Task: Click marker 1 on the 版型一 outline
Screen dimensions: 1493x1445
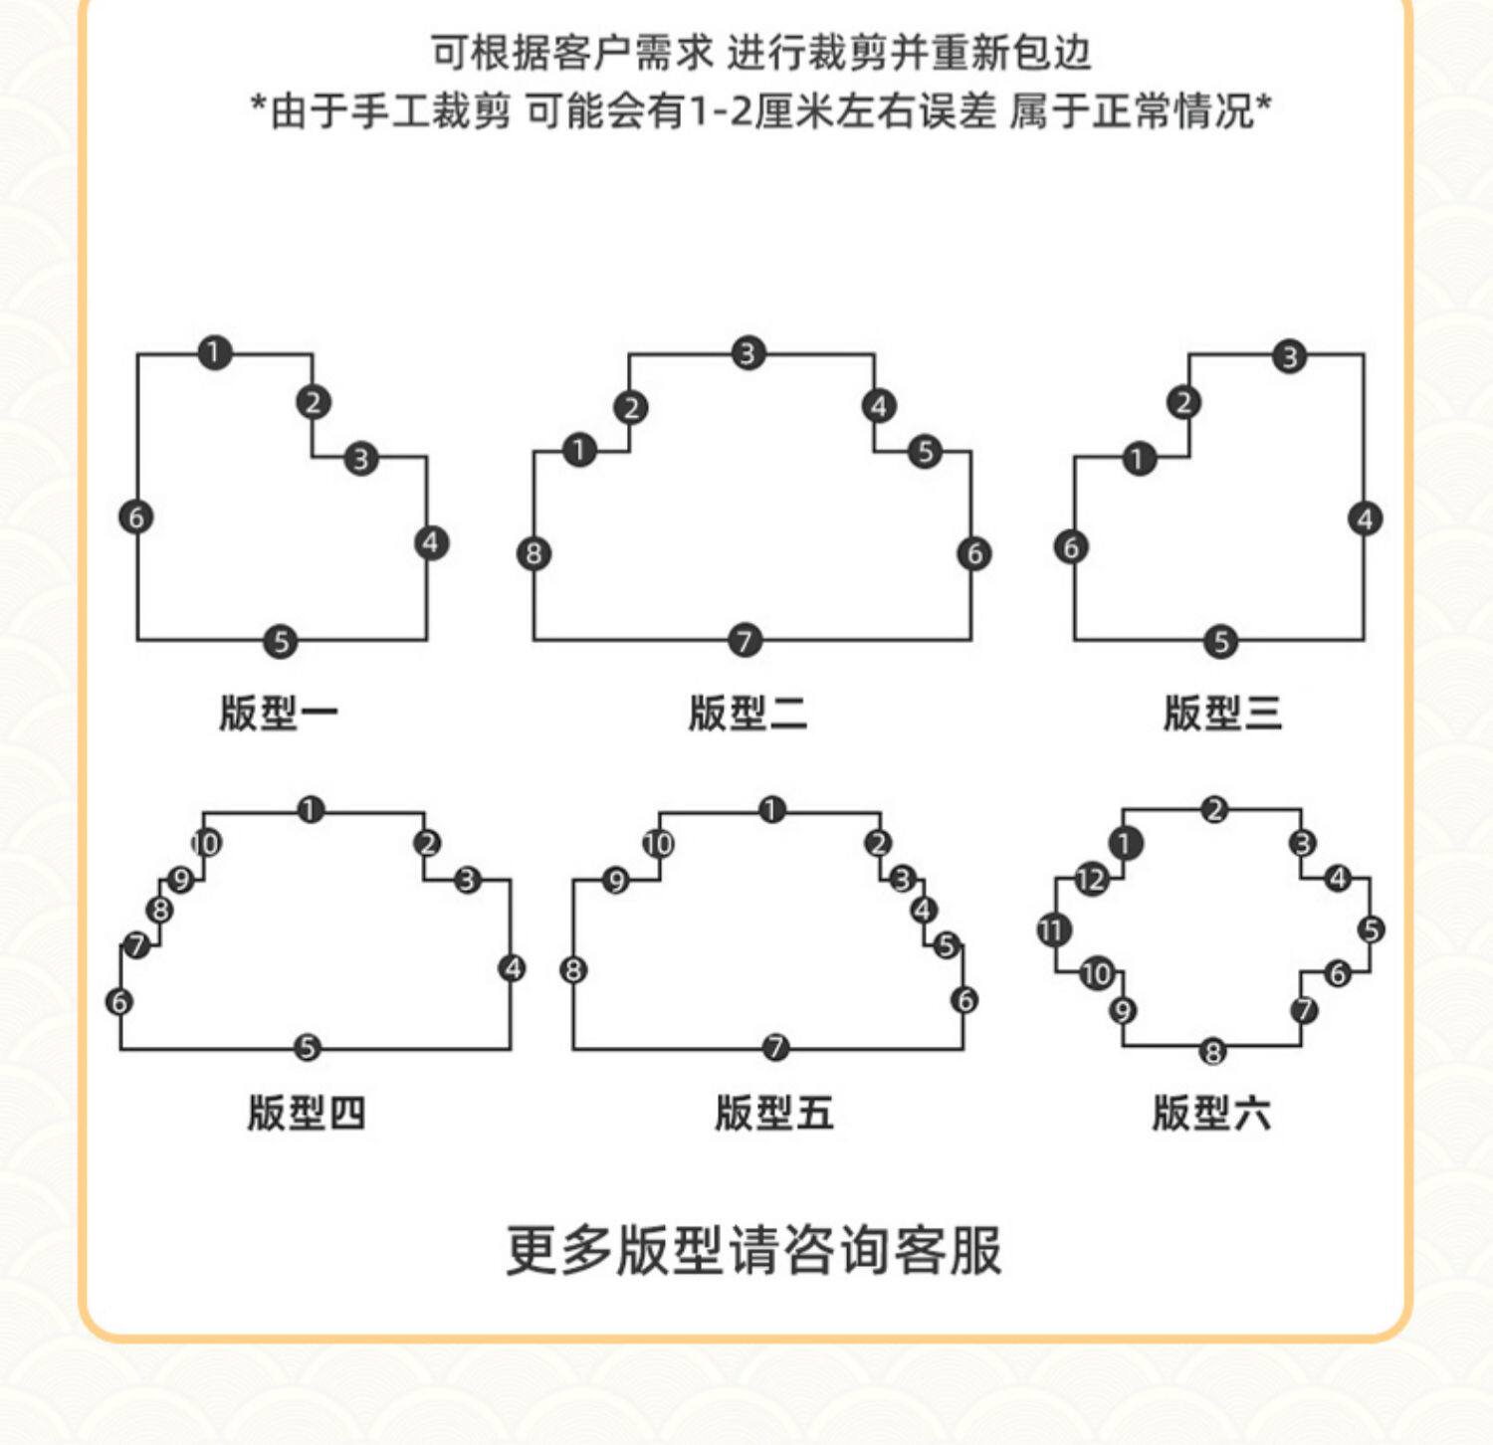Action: pos(214,352)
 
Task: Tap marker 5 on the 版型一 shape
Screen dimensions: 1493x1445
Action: pos(281,642)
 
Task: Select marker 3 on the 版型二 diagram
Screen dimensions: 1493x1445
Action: pos(747,353)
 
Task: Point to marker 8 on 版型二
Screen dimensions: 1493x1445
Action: pos(534,553)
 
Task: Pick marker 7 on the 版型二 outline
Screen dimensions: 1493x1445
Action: pos(746,640)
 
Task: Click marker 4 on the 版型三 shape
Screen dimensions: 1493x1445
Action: pos(1365,519)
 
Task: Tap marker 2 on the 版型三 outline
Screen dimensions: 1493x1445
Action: pos(1183,403)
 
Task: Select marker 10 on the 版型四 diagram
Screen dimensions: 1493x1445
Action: pos(206,844)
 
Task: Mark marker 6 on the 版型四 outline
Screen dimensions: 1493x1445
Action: pos(119,1001)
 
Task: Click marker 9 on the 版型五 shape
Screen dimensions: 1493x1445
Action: pos(616,881)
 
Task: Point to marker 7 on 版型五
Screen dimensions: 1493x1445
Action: pos(775,1047)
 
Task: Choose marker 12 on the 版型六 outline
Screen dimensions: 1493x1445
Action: pos(1091,880)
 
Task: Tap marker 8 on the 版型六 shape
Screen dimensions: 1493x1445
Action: pos(1212,1051)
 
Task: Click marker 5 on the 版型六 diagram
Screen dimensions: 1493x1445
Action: pos(1372,929)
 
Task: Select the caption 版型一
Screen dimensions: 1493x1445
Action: pos(279,714)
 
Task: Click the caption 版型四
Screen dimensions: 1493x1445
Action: pos(307,1113)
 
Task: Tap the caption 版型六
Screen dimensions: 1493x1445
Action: pos(1211,1113)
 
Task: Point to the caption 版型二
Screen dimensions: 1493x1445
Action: pos(747,714)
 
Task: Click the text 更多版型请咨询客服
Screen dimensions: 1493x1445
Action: pos(753,1251)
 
